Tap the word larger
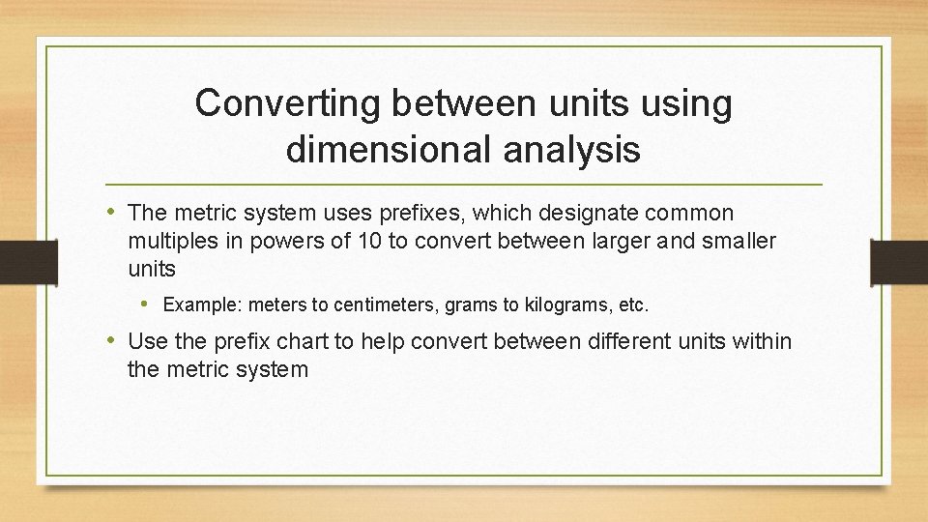pos(588,241)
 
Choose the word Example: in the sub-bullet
pos(203,305)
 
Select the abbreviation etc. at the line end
pos(634,305)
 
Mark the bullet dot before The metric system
pos(114,212)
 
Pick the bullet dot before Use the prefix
pos(114,340)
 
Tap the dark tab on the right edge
pos(900,261)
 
